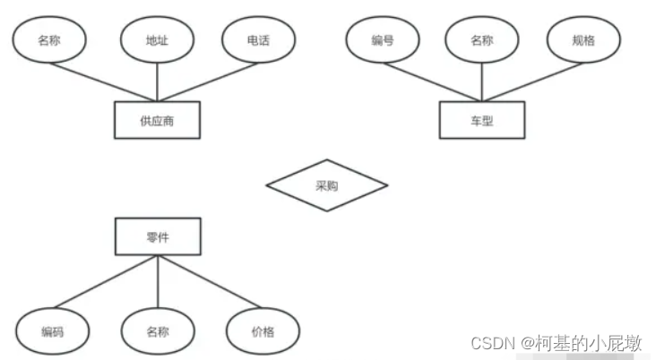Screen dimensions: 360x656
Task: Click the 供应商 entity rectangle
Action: click(x=157, y=121)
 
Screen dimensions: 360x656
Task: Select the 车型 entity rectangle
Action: click(x=481, y=121)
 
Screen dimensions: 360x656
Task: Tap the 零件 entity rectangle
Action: click(x=158, y=236)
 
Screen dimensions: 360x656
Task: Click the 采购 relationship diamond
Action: click(x=326, y=186)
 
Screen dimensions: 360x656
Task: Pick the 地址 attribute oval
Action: click(x=157, y=41)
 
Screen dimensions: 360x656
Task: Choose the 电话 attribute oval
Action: click(x=259, y=41)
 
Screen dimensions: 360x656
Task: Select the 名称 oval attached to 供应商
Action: click(x=49, y=41)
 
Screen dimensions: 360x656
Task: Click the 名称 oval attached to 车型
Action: click(x=481, y=41)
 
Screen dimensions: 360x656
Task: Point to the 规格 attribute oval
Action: click(x=583, y=41)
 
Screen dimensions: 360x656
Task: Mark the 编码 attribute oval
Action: click(x=52, y=331)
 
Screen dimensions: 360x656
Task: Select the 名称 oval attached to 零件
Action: click(x=158, y=331)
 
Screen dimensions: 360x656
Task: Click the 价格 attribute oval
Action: click(x=263, y=331)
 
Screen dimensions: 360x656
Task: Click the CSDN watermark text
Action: click(x=556, y=343)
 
